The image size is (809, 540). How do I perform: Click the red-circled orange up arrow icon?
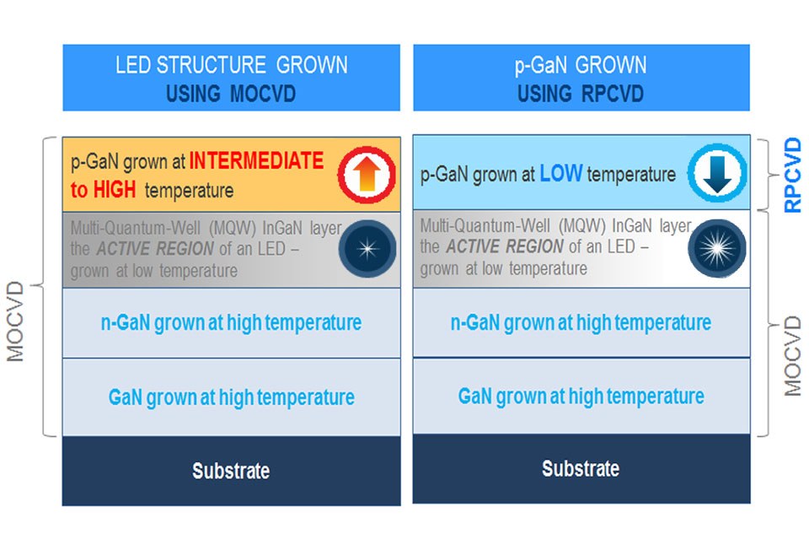(x=367, y=175)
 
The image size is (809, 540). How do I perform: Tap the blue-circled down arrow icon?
(x=717, y=173)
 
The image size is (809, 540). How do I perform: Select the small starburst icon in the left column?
(x=367, y=249)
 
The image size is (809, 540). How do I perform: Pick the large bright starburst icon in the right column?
(x=717, y=249)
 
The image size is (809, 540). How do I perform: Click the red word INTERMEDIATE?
(x=256, y=160)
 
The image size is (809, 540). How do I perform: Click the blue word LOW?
(x=561, y=174)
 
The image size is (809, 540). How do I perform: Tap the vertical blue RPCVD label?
(x=792, y=175)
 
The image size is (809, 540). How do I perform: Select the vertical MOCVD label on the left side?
(x=15, y=321)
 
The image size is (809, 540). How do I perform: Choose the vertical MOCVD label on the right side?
(x=792, y=356)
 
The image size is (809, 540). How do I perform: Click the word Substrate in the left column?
(x=231, y=471)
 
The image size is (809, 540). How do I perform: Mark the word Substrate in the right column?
(x=581, y=468)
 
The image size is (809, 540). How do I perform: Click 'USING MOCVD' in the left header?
(x=231, y=94)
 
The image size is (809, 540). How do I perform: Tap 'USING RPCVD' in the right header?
(x=581, y=94)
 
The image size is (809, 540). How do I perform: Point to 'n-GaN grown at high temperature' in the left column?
(x=231, y=323)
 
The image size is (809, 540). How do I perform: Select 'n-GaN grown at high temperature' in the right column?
(x=581, y=323)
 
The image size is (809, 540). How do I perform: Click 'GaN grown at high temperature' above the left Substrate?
(x=231, y=397)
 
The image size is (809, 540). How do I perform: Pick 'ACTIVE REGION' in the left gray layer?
(x=155, y=249)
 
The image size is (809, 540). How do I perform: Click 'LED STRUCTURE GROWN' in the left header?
(x=232, y=65)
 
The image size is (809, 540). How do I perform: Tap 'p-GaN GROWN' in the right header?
(x=581, y=66)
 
